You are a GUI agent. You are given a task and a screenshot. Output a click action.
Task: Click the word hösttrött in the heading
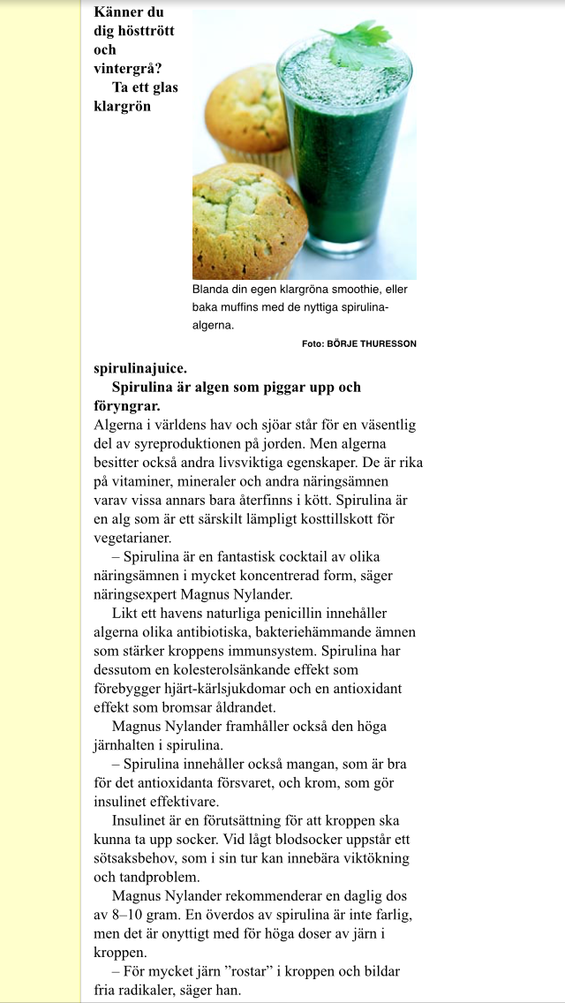tap(133, 31)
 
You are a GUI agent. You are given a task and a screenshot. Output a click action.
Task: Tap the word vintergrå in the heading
tap(128, 68)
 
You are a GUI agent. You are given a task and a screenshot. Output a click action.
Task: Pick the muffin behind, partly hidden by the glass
tap(247, 110)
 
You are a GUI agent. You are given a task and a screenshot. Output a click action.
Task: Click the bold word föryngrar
tap(126, 406)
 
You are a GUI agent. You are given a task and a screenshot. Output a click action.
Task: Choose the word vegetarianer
tap(132, 536)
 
